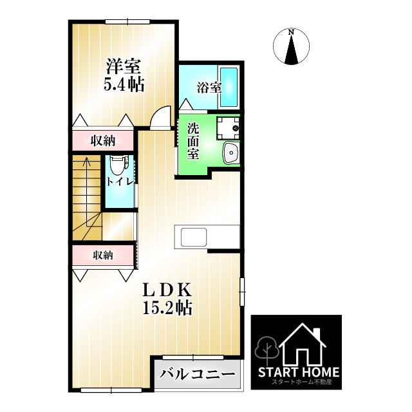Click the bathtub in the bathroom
[x=229, y=88]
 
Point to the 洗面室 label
[x=192, y=140]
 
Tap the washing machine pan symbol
[x=227, y=128]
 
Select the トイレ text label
[x=120, y=182]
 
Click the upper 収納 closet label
[x=102, y=140]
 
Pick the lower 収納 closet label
[x=102, y=255]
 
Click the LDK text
[x=167, y=290]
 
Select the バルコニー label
[x=197, y=373]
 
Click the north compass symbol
[x=292, y=47]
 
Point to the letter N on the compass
[x=292, y=32]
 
